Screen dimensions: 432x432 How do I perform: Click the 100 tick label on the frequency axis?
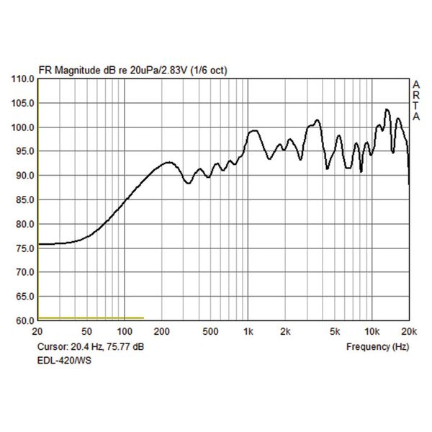[x=125, y=332]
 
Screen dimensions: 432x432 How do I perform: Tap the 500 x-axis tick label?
[x=210, y=332]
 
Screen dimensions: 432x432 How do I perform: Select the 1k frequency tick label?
[x=248, y=332]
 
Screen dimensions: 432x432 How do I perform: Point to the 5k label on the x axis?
[x=334, y=332]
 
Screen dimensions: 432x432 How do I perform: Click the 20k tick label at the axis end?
[x=409, y=332]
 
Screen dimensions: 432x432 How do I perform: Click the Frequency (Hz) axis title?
[x=377, y=346]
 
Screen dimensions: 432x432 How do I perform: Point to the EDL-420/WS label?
[x=64, y=360]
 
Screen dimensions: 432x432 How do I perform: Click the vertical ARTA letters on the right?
[x=415, y=101]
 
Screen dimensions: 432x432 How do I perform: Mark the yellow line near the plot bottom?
[x=91, y=318]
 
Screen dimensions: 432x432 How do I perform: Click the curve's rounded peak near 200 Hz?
[x=168, y=162]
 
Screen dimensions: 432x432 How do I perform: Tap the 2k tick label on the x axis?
[x=285, y=332]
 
